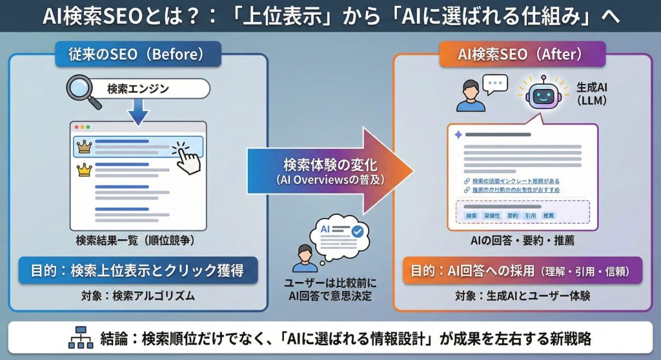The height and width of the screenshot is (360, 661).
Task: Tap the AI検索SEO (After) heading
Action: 522,54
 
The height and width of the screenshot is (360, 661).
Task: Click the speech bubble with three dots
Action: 494,85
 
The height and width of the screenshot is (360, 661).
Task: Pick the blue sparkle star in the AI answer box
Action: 458,135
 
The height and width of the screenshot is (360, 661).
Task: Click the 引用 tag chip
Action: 531,215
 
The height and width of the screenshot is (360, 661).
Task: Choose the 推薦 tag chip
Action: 549,215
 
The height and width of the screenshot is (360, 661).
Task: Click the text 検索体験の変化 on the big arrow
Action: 324,164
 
